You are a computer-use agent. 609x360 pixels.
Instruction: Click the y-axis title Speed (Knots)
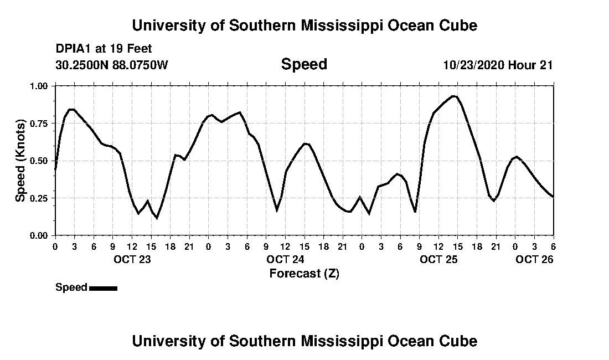point(20,161)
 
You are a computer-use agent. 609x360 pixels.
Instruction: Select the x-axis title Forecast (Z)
point(304,273)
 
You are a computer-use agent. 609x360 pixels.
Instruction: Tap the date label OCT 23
point(132,259)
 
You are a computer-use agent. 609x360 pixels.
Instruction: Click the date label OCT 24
point(285,259)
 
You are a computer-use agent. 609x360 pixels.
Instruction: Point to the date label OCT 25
point(438,259)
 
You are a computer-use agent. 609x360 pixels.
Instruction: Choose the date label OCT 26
point(534,259)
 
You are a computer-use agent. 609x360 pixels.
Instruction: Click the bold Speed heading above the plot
point(304,64)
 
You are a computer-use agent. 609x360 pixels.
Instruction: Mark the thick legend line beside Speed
point(103,288)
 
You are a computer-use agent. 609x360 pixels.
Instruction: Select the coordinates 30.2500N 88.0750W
point(111,65)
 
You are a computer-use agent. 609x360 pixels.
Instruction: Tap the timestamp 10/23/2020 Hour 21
point(498,65)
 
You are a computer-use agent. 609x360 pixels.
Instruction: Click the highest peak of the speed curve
point(453,96)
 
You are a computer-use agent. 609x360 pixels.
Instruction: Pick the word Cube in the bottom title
point(458,341)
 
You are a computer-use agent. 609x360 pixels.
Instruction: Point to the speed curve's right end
point(553,197)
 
